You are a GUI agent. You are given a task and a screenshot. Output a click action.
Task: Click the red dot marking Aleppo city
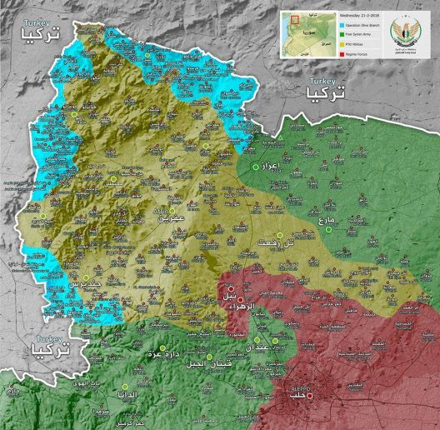pos(309,397)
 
